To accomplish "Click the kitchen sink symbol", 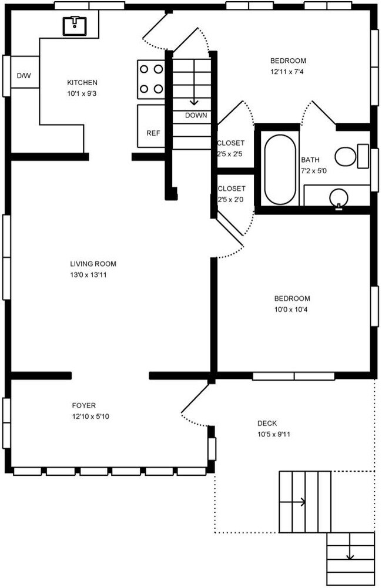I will pyautogui.click(x=75, y=26).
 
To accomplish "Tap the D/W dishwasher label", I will pyautogui.click(x=23, y=76).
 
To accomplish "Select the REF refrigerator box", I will pyautogui.click(x=153, y=133).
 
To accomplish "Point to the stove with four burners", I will pyautogui.click(x=150, y=79).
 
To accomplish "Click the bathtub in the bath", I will pyautogui.click(x=280, y=170).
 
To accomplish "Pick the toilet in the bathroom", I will pyautogui.click(x=347, y=156).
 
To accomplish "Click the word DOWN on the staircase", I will pyautogui.click(x=196, y=115).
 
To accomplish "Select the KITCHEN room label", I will pyautogui.click(x=82, y=83).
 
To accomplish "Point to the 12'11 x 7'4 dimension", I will pyautogui.click(x=287, y=72).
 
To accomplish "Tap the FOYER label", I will pyautogui.click(x=83, y=405).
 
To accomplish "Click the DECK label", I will pyautogui.click(x=267, y=424).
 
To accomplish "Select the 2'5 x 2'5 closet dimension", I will pyautogui.click(x=231, y=154).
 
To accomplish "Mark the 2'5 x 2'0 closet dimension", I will pyautogui.click(x=231, y=200).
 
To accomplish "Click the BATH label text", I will pyautogui.click(x=310, y=160).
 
